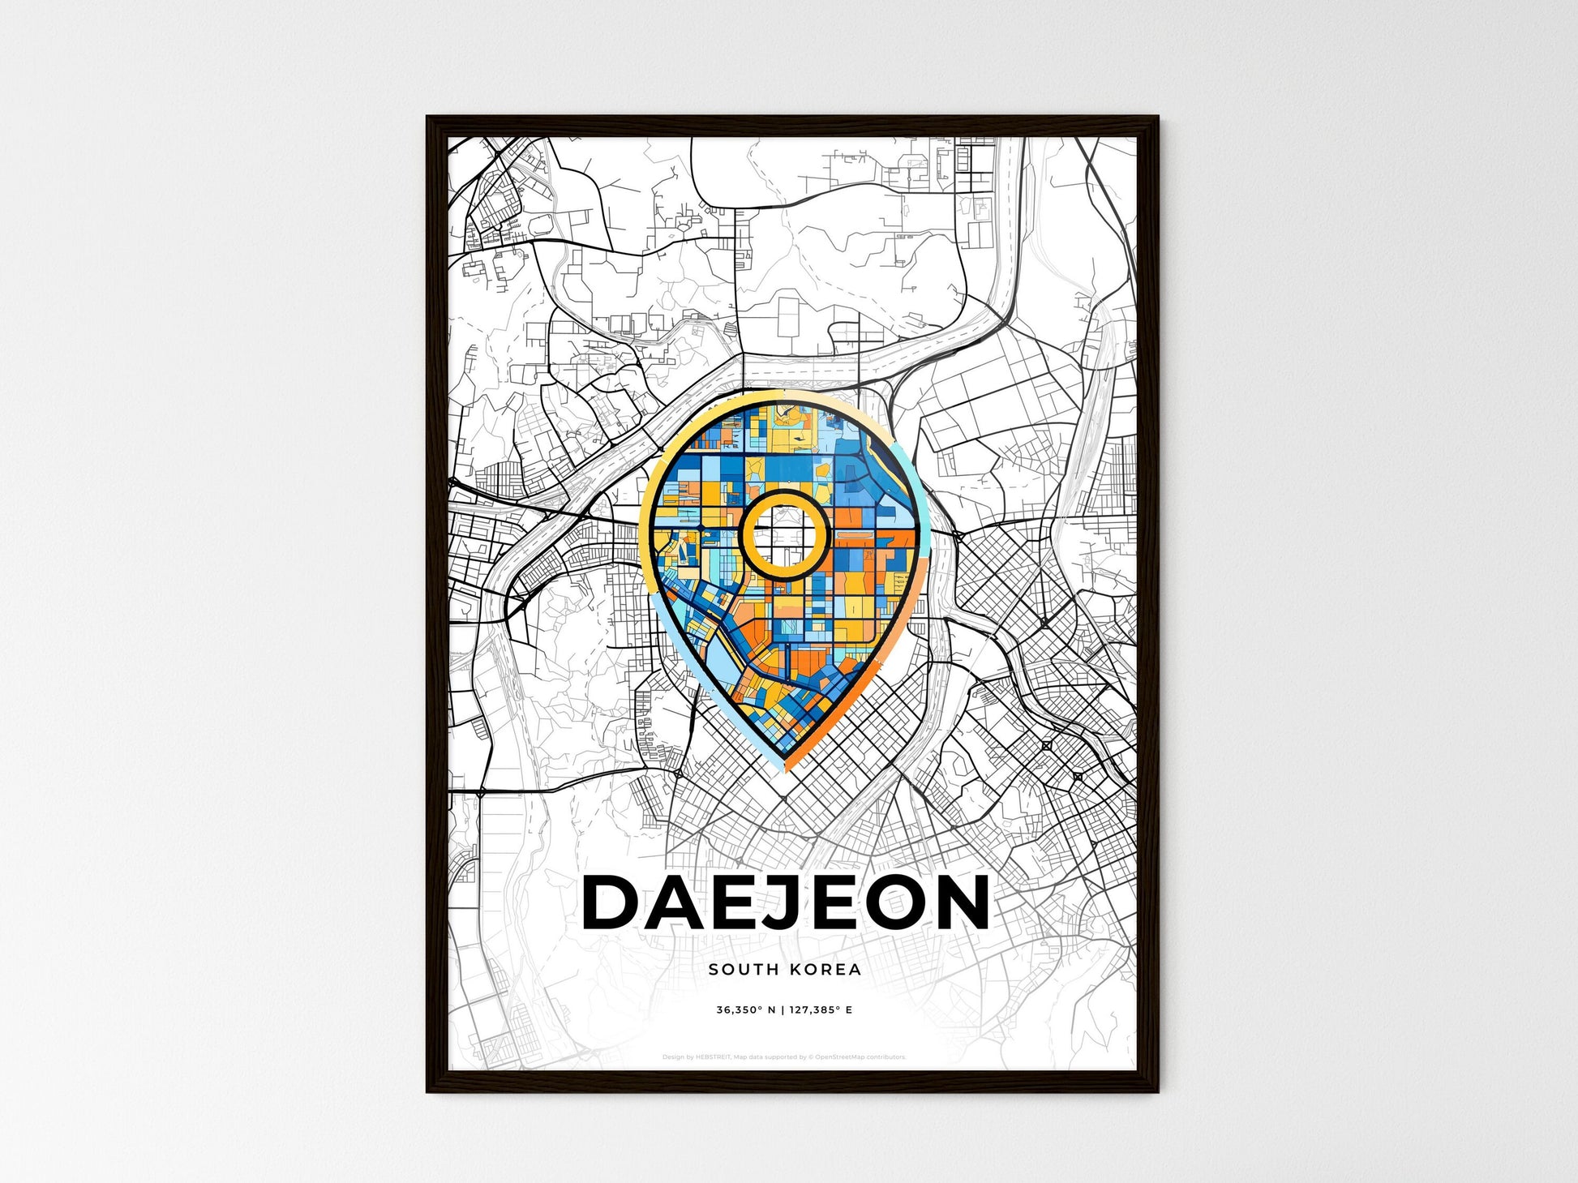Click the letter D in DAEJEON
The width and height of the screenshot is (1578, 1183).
(614, 902)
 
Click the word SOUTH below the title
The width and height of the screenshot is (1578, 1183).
(737, 969)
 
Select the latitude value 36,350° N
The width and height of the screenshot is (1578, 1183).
(746, 1010)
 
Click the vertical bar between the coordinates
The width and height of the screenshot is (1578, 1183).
(783, 1010)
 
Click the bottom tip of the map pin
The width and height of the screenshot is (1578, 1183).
(786, 771)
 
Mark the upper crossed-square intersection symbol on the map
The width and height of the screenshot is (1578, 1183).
(1047, 745)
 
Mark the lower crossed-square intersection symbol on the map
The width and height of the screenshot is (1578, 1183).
(1078, 777)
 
